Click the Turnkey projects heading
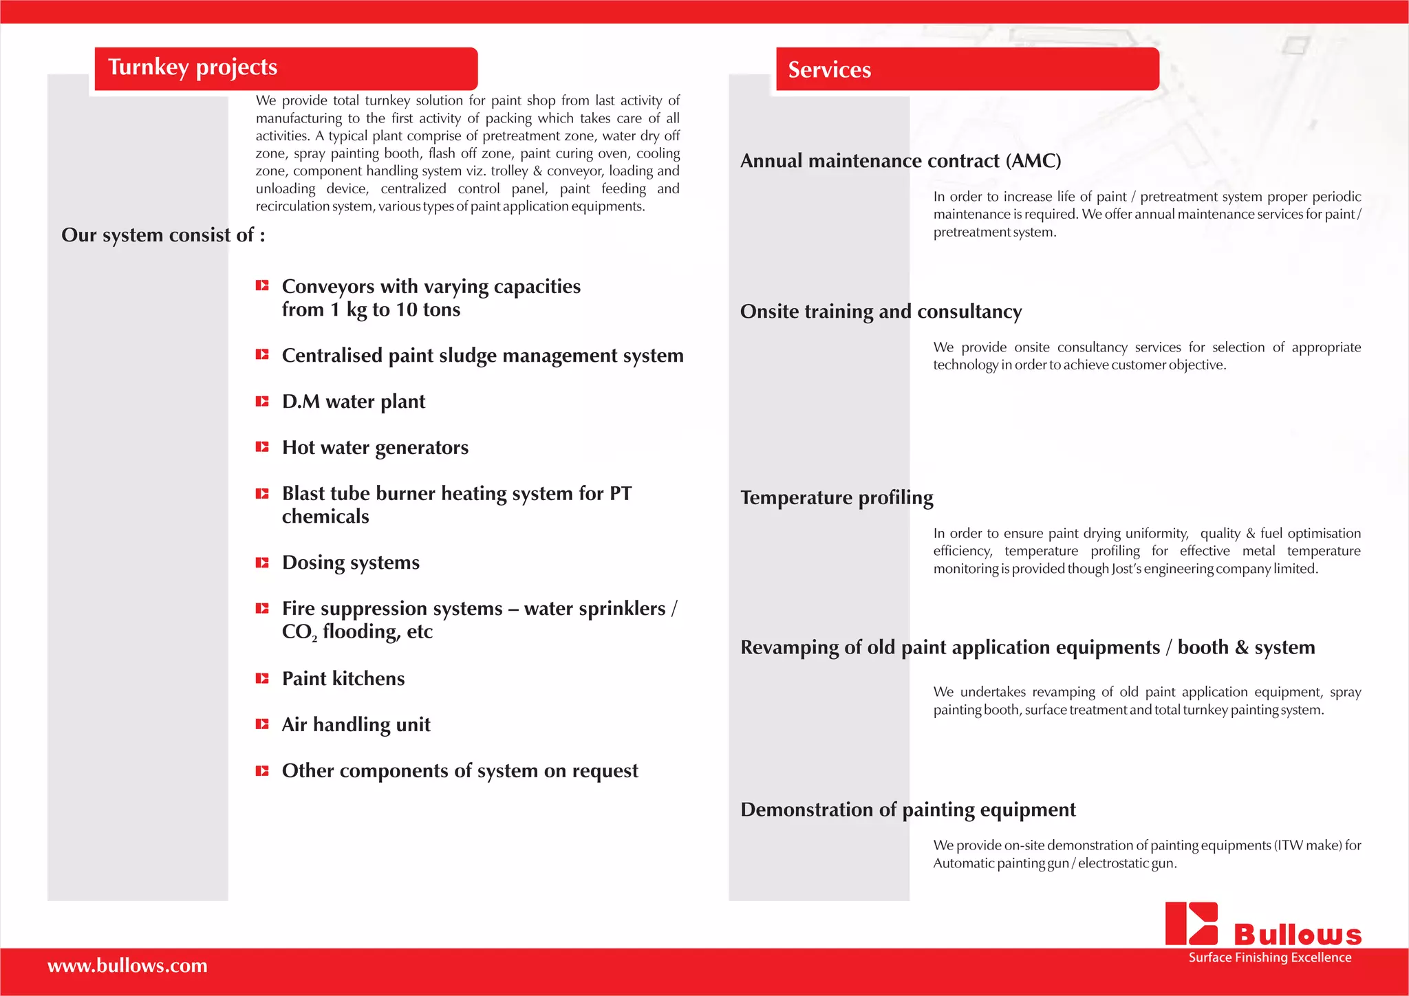pyautogui.click(x=193, y=67)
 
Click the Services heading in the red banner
pyautogui.click(x=829, y=70)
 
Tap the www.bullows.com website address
pyautogui.click(x=127, y=966)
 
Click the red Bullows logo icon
pyautogui.click(x=1192, y=924)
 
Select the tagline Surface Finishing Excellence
pyautogui.click(x=1269, y=957)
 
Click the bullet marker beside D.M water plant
pyautogui.click(x=262, y=401)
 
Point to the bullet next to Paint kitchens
pyautogui.click(x=262, y=678)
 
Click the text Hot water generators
pyautogui.click(x=375, y=448)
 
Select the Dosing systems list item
pyautogui.click(x=350, y=563)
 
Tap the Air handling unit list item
pyautogui.click(x=356, y=724)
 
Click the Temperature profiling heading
pyautogui.click(x=837, y=497)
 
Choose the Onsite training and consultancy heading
pyautogui.click(x=881, y=312)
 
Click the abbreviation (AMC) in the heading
pyautogui.click(x=1033, y=161)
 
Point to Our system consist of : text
pyautogui.click(x=163, y=235)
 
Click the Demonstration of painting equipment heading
pyautogui.click(x=907, y=810)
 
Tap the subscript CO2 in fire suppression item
pyautogui.click(x=299, y=632)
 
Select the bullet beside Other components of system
pyautogui.click(x=262, y=771)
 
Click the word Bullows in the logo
pyautogui.click(x=1298, y=935)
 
